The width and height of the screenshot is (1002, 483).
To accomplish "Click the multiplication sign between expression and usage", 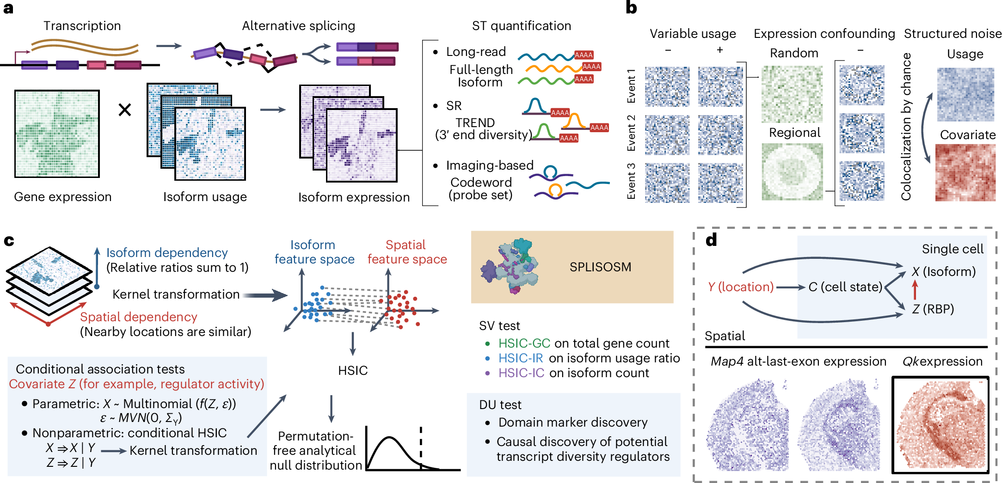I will click(x=125, y=110).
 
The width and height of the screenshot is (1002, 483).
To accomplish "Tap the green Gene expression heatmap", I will click(x=57, y=134).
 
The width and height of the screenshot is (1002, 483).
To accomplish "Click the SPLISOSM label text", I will click(x=600, y=267).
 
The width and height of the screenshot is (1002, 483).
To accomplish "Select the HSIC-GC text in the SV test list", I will click(x=524, y=343).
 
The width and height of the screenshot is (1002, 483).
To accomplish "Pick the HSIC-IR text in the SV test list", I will click(x=521, y=358).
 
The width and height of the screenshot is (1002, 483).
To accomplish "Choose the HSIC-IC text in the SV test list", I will click(x=521, y=373).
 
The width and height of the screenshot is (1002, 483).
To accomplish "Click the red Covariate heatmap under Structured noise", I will click(x=965, y=172).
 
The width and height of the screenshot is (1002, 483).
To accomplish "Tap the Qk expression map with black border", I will click(x=940, y=425).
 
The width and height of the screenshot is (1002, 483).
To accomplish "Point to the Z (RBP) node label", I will click(x=933, y=309).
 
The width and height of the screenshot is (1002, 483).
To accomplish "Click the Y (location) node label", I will click(x=740, y=287).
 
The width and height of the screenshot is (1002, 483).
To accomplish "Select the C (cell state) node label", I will click(x=845, y=287).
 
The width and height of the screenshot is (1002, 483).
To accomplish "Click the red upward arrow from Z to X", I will click(x=915, y=290).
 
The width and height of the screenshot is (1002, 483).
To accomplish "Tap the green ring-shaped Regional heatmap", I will click(x=792, y=171).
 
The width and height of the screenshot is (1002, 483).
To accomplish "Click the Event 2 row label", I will click(x=631, y=133).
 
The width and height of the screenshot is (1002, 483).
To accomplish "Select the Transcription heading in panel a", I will click(x=82, y=26).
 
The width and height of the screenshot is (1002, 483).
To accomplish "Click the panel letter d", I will click(x=711, y=240).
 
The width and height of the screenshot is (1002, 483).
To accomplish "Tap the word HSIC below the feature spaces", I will click(x=353, y=371).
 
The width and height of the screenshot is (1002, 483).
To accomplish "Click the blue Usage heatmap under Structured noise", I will click(x=965, y=95).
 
